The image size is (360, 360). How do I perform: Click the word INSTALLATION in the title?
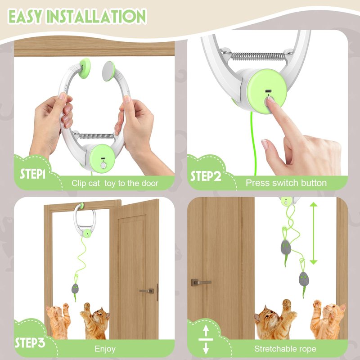(96, 16)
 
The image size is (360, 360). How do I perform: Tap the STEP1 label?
(32, 174)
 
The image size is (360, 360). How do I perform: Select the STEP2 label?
(206, 176)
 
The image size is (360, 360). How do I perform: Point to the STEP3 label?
(30, 342)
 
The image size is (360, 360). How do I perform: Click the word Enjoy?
(105, 349)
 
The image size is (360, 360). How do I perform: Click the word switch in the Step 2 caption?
(285, 183)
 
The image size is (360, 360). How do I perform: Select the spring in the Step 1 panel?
(96, 136)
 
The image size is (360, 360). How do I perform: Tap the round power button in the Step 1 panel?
(103, 165)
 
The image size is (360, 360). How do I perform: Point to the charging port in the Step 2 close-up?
(268, 91)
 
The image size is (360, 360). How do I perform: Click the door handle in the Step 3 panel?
(148, 292)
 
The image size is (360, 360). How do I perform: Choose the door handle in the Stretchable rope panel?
(200, 282)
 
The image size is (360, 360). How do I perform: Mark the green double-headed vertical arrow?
(313, 233)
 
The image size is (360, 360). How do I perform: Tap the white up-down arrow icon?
(206, 339)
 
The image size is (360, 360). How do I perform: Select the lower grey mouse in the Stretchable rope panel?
(304, 279)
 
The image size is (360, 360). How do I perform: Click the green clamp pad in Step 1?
(85, 68)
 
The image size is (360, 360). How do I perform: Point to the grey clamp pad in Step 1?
(108, 71)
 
